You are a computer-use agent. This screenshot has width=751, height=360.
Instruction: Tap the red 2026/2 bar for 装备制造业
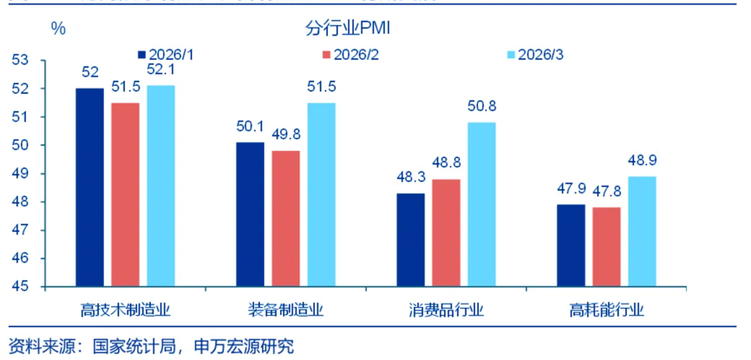click(x=285, y=219)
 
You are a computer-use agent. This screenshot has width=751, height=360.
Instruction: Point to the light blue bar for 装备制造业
click(x=321, y=194)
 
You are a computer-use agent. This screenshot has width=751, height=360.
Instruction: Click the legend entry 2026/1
click(x=173, y=55)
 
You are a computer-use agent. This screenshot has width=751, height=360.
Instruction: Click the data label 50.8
click(x=482, y=107)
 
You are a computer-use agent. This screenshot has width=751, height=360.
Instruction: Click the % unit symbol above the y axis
click(x=58, y=28)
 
